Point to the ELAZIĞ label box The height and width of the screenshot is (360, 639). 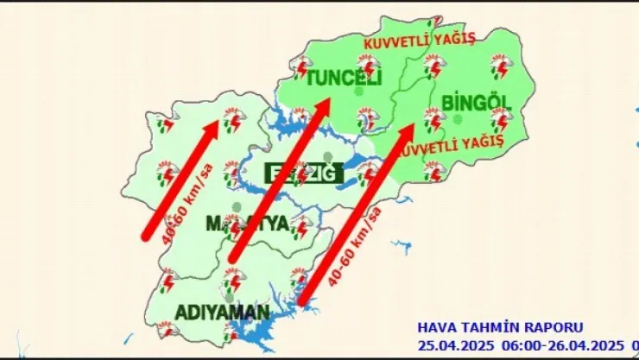click(x=304, y=175)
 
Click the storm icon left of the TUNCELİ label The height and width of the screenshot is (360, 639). click(x=301, y=66)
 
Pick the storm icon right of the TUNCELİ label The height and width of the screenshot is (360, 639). click(x=369, y=66)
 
